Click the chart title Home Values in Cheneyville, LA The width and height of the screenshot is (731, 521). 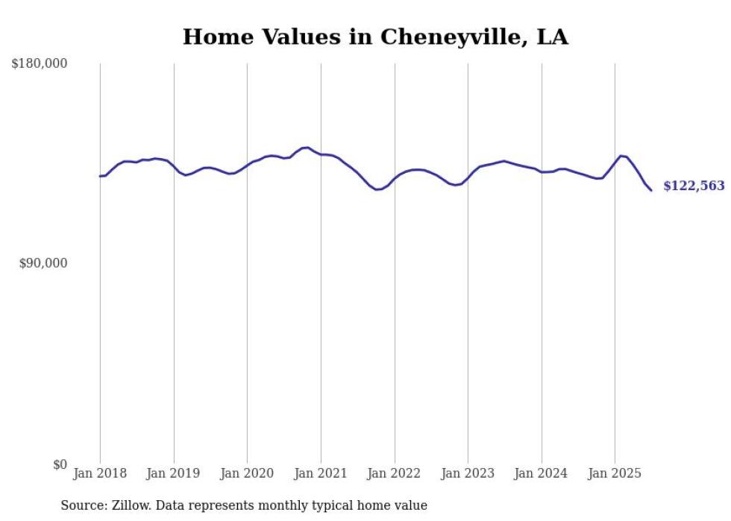[x=375, y=37]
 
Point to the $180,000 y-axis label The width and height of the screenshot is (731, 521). [x=40, y=64]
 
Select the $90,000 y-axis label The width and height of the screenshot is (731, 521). [x=43, y=263]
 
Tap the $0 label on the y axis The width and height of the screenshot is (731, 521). [x=60, y=464]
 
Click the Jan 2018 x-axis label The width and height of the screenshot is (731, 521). [x=100, y=473]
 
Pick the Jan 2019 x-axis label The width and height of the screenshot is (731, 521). [x=174, y=473]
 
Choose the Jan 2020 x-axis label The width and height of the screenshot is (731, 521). [x=247, y=473]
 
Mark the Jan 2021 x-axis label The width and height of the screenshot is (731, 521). [x=321, y=473]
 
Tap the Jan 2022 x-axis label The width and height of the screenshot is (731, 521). [x=395, y=473]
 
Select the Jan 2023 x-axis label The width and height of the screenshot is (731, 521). [x=468, y=473]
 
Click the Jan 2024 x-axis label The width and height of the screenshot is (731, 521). [x=542, y=473]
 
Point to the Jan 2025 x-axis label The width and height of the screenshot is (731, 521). [x=615, y=473]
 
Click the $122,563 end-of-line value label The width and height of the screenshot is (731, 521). [x=694, y=186]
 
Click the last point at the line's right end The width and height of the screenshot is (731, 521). [x=651, y=190]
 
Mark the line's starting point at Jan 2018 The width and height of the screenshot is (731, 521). [x=100, y=176]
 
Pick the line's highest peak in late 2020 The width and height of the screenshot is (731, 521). [x=306, y=148]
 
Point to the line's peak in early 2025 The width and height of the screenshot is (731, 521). [x=621, y=156]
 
